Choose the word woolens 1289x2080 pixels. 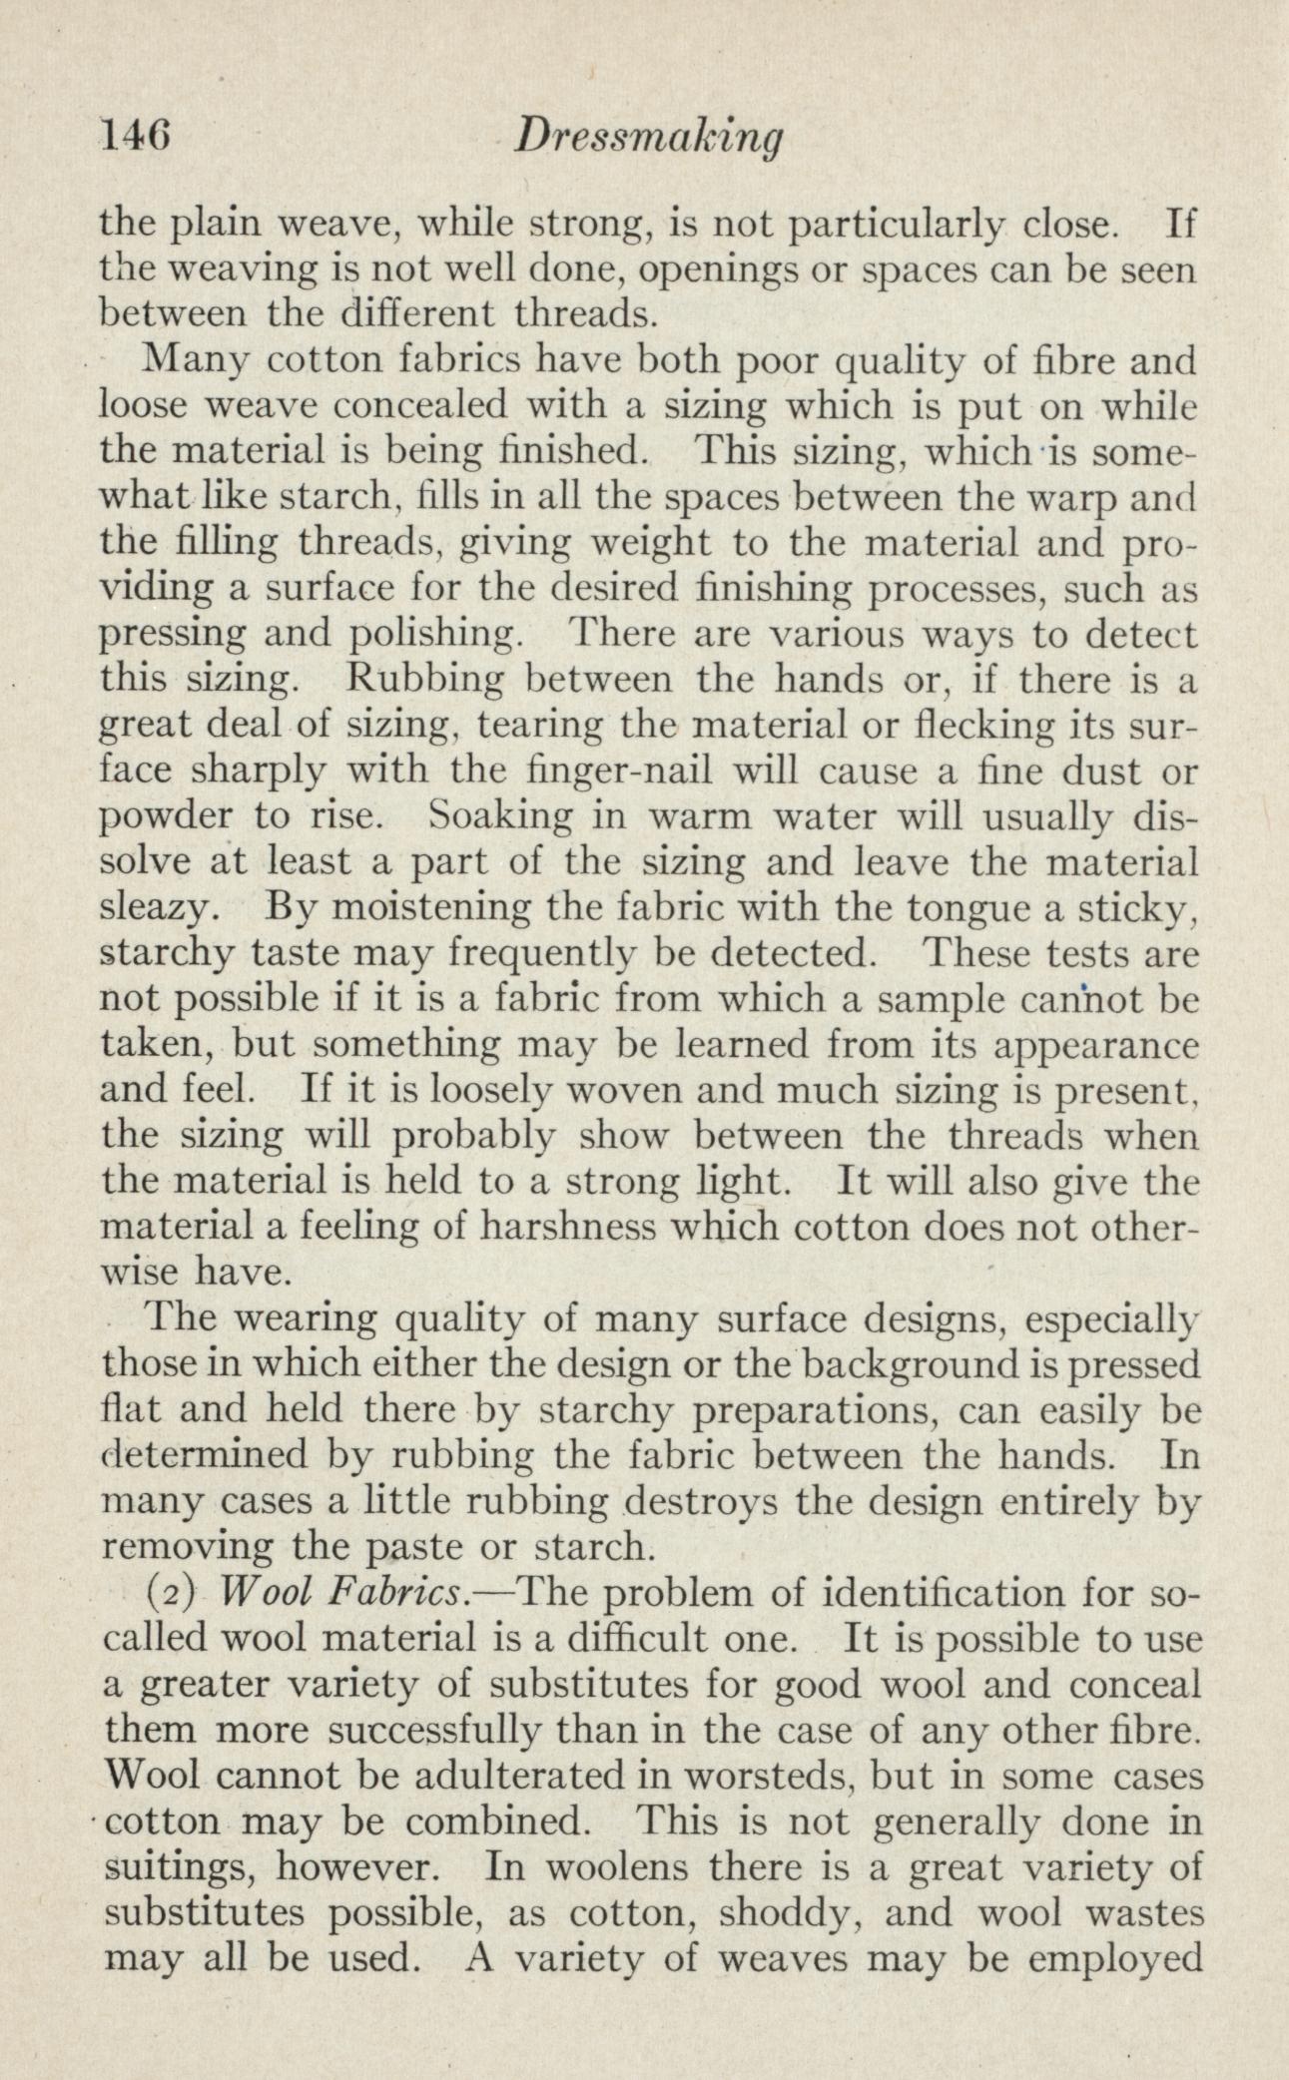coord(647,1868)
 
